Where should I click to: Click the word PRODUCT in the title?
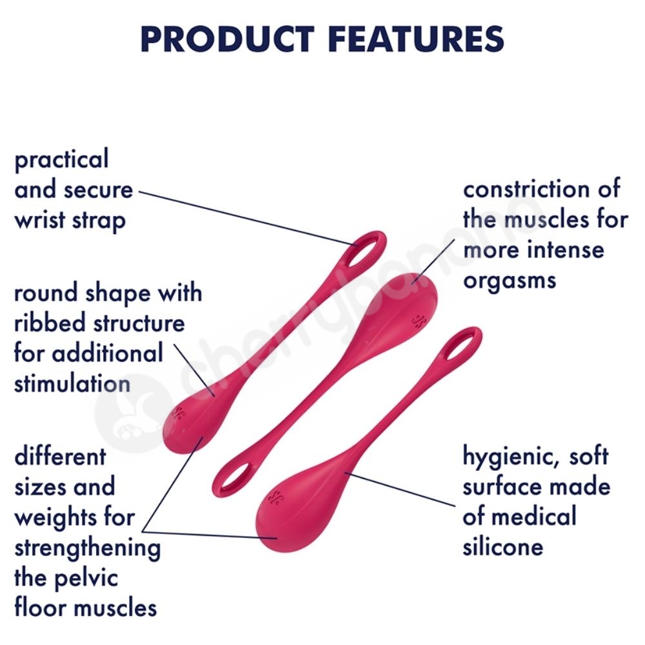pyautogui.click(x=228, y=39)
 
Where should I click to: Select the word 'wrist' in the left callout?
pyautogui.click(x=40, y=220)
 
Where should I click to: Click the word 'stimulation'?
pyautogui.click(x=72, y=383)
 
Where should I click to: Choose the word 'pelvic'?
pyautogui.click(x=86, y=578)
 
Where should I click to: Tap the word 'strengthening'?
pyautogui.click(x=88, y=548)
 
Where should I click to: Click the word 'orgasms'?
pyautogui.click(x=510, y=281)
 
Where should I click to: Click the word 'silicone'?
pyautogui.click(x=503, y=546)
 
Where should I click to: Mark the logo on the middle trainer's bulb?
pyautogui.click(x=419, y=320)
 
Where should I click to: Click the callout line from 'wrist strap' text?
pyautogui.click(x=249, y=219)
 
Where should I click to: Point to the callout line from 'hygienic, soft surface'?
pyautogui.click(x=401, y=489)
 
